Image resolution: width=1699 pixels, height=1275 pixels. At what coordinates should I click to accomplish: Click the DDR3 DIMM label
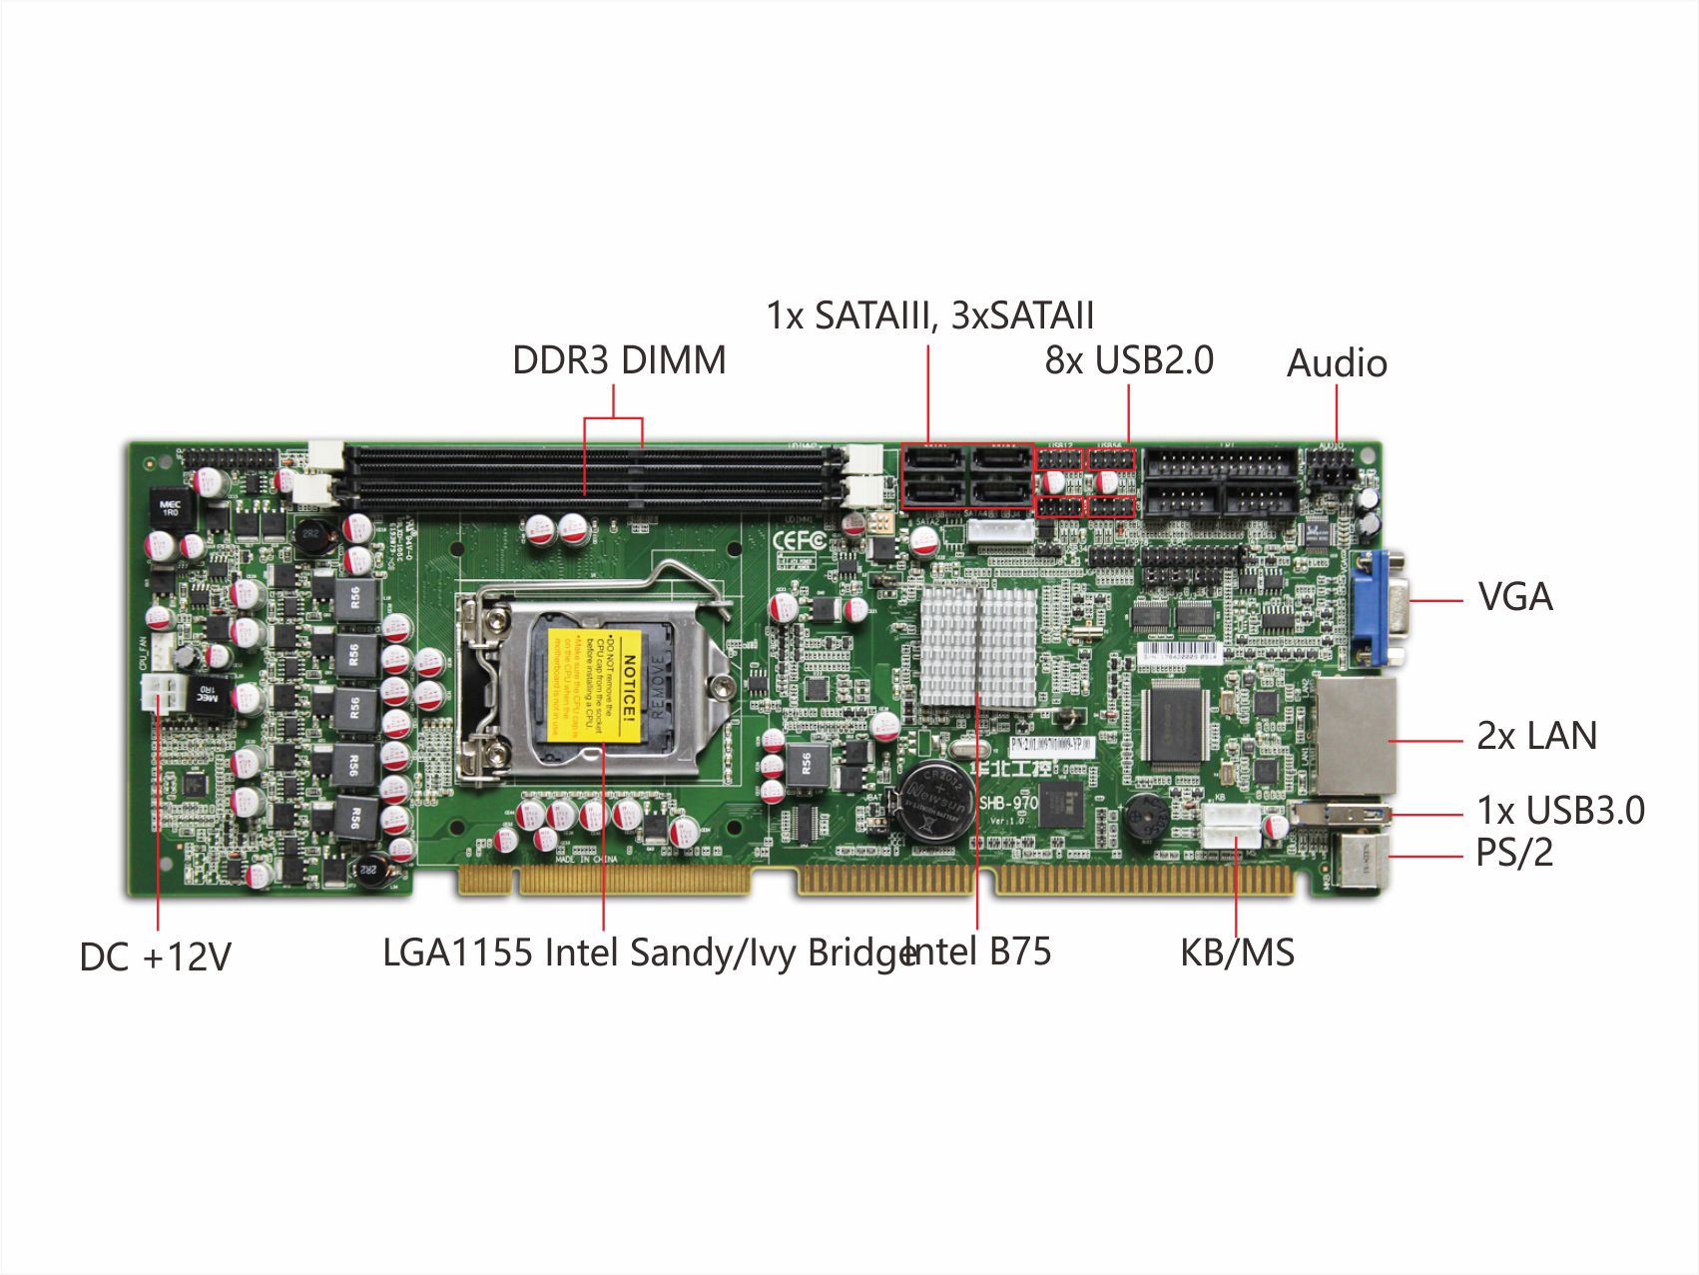[619, 360]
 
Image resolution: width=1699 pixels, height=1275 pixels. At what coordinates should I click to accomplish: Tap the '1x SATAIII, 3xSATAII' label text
[929, 316]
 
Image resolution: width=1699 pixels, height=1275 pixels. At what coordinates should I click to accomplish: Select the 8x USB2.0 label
[1129, 360]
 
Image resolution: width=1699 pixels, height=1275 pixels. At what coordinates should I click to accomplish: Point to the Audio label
[1337, 363]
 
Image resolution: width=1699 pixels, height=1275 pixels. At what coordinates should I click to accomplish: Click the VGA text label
[1514, 597]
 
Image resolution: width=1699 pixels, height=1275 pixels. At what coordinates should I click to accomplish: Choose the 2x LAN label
[1536, 736]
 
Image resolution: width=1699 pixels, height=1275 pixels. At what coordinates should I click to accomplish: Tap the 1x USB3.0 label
[1560, 811]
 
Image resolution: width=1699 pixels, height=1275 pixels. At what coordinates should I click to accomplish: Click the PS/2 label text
[1514, 853]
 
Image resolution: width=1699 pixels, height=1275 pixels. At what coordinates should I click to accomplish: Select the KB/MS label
[1237, 953]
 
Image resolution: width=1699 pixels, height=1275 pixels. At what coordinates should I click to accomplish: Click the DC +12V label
[155, 956]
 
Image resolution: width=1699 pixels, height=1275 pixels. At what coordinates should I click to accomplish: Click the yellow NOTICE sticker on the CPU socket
[596, 685]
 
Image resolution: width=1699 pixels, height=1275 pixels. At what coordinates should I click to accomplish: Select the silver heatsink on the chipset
[978, 647]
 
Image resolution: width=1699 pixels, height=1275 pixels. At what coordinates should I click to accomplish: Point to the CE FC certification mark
[800, 540]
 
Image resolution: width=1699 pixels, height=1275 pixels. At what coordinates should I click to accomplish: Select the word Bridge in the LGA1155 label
[860, 954]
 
